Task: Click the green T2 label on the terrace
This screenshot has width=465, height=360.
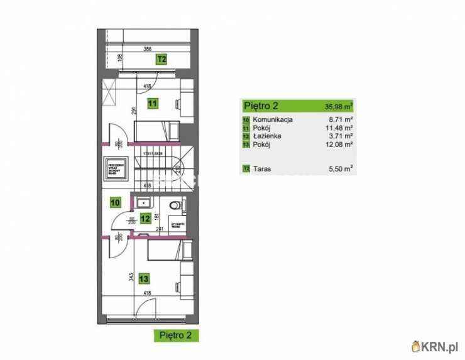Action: tap(161, 60)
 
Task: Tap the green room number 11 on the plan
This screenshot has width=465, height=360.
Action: tap(152, 103)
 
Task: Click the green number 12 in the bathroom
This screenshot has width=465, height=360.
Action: tap(145, 219)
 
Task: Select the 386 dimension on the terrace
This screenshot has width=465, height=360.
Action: tap(147, 49)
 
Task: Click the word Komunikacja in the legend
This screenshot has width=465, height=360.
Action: tap(273, 119)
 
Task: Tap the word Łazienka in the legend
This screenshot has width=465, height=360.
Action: tap(267, 135)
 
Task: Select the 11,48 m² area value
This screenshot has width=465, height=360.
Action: tap(339, 127)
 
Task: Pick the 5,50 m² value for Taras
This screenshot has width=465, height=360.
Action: tap(340, 168)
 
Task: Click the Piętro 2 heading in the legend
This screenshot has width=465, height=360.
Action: tap(261, 106)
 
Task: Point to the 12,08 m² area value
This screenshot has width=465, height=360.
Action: tap(339, 144)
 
